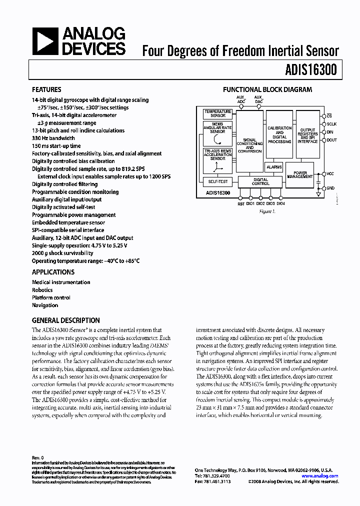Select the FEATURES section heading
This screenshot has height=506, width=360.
(46, 89)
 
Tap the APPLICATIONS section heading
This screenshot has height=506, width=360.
(53, 272)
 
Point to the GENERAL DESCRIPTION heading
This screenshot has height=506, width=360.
(65, 320)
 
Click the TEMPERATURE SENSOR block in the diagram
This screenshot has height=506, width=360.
(217, 113)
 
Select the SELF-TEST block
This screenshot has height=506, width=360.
(217, 181)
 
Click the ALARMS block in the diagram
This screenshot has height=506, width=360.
(274, 167)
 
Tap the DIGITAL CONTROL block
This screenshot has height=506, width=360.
(260, 181)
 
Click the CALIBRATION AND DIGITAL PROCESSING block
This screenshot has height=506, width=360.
(279, 135)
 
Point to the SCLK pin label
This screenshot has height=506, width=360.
(332, 124)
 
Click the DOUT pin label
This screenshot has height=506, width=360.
(332, 140)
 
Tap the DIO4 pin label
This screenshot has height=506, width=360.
(281, 203)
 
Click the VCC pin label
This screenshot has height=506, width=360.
(330, 174)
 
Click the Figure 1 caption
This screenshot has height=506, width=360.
(267, 211)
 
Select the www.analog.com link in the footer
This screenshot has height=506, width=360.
(320, 476)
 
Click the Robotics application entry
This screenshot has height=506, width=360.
(42, 289)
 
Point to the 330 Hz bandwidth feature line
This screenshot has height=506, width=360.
(53, 138)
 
